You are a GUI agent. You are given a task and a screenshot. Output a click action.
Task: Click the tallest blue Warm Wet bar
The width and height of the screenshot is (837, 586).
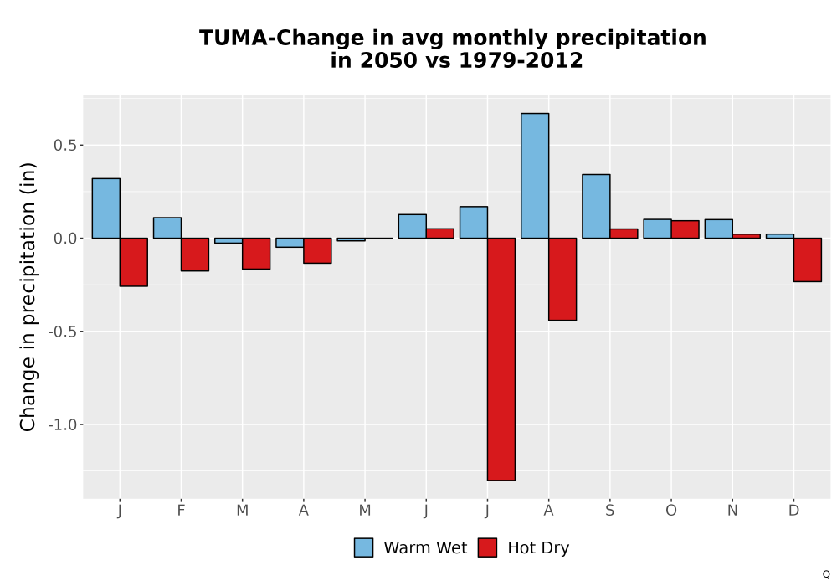(535, 176)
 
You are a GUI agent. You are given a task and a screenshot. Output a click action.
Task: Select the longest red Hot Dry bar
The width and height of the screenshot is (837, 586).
(501, 359)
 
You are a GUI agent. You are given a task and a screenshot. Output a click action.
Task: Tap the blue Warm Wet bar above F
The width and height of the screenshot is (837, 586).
(167, 228)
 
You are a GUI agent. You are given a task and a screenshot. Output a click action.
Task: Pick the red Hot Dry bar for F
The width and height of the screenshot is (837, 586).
(195, 254)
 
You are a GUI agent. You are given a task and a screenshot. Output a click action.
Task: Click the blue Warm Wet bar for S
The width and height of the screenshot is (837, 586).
(596, 206)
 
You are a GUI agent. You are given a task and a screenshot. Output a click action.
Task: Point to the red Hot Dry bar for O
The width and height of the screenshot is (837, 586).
(685, 229)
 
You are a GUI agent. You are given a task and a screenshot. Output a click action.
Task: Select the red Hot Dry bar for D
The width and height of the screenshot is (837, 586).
(808, 260)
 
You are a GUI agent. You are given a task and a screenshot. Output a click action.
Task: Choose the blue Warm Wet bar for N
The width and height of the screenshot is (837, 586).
(718, 229)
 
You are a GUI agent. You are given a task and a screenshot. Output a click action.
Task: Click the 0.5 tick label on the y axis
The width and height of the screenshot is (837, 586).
(65, 145)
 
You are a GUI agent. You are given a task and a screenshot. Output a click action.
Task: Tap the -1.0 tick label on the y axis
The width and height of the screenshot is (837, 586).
(63, 424)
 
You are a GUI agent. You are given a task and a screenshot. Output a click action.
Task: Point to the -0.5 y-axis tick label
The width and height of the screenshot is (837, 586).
(63, 332)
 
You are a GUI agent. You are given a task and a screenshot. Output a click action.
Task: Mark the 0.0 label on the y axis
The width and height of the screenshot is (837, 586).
(65, 239)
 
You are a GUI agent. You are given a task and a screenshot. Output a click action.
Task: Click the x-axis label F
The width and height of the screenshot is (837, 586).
(181, 511)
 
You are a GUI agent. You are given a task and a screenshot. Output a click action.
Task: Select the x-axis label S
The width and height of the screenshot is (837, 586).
(609, 511)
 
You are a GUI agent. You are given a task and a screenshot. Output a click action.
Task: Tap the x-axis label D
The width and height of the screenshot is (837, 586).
(793, 511)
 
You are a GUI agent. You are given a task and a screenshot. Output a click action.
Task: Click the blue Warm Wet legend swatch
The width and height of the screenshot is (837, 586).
(363, 547)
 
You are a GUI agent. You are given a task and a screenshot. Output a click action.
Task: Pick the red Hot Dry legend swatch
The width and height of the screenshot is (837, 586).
(487, 547)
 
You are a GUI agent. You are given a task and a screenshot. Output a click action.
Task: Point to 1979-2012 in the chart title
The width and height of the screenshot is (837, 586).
(521, 60)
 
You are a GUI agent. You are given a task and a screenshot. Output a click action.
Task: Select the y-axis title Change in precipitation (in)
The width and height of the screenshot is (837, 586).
(28, 296)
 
